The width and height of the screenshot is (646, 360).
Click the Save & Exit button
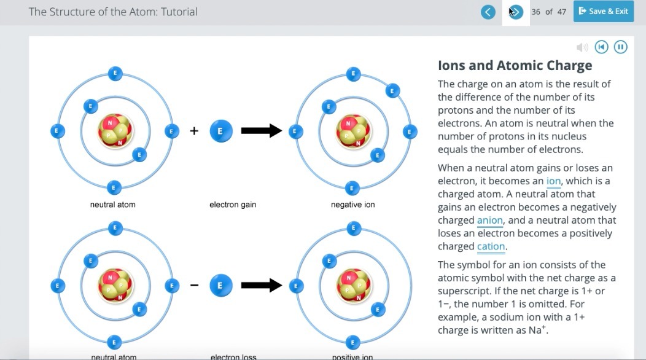pyautogui.click(x=603, y=12)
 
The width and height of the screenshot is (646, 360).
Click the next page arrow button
pyautogui.click(x=516, y=12)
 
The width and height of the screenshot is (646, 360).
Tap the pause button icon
pyautogui.click(x=620, y=47)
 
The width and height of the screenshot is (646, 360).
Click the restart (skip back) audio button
pyautogui.click(x=602, y=47)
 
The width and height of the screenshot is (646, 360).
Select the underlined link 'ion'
pyautogui.click(x=553, y=181)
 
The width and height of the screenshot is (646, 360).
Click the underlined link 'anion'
pyautogui.click(x=490, y=221)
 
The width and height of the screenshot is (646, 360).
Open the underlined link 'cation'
pyautogui.click(x=491, y=247)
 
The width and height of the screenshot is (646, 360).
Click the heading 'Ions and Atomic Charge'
pyautogui.click(x=515, y=66)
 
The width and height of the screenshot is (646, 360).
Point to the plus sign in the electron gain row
pyautogui.click(x=194, y=131)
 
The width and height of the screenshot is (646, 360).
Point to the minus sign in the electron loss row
pyautogui.click(x=194, y=285)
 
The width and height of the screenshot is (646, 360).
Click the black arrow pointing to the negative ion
pyautogui.click(x=261, y=131)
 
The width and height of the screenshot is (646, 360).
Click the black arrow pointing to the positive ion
pyautogui.click(x=261, y=285)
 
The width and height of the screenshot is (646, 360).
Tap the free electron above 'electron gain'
pyautogui.click(x=221, y=131)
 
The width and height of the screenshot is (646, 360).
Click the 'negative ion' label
pyautogui.click(x=352, y=205)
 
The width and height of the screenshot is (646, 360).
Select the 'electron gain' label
pyautogui.click(x=233, y=205)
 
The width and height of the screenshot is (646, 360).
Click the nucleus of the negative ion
pyautogui.click(x=352, y=131)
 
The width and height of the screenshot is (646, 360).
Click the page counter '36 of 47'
pyautogui.click(x=548, y=12)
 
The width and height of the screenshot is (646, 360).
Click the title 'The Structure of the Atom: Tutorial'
pyautogui.click(x=113, y=12)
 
